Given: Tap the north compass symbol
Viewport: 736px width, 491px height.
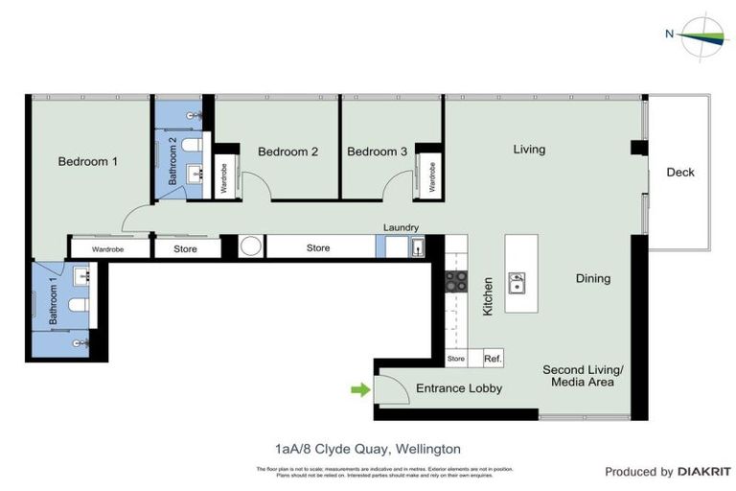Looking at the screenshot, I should [x=707, y=35].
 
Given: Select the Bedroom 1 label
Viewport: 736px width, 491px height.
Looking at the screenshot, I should [x=87, y=161].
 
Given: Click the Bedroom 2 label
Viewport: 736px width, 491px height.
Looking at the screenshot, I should [x=287, y=152].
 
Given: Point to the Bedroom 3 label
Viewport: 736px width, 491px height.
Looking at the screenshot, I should [x=377, y=152].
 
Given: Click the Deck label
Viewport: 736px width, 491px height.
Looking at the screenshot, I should [x=680, y=173].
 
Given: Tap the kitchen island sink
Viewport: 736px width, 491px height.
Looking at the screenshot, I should [x=517, y=282].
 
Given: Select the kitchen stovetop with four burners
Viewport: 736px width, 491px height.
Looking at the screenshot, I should [x=456, y=281].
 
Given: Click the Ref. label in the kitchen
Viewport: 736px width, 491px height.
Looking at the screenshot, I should [x=493, y=359].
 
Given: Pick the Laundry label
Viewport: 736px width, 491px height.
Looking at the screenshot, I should [x=401, y=227].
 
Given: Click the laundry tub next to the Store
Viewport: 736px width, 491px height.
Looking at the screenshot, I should [x=418, y=247].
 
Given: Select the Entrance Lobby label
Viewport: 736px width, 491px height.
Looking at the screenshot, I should [x=458, y=388].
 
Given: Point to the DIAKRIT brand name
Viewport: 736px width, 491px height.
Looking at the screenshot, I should [x=703, y=472].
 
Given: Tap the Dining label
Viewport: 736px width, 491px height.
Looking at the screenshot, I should [x=592, y=279].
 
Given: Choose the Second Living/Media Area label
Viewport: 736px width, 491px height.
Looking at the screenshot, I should [x=583, y=375].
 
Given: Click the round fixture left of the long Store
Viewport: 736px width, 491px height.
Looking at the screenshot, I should [x=251, y=247].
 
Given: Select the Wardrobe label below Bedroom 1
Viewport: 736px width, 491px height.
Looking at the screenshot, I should [x=108, y=249].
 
